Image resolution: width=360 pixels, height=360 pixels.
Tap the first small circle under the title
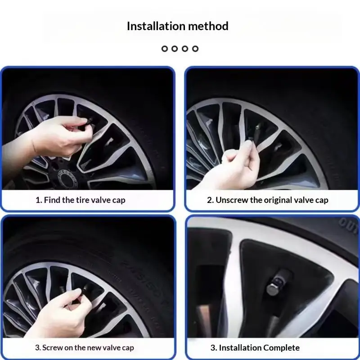(x=165, y=49)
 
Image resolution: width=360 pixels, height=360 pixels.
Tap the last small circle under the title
(x=195, y=49)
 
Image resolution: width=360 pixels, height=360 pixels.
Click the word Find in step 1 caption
(x=52, y=200)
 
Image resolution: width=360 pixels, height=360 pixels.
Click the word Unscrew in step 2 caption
(x=232, y=200)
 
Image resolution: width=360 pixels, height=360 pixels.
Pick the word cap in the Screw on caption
(x=128, y=348)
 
